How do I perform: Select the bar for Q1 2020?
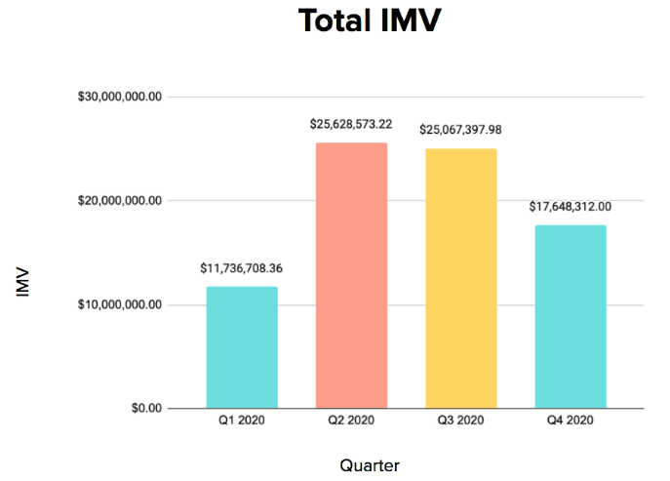242,346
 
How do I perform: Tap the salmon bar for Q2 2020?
351,275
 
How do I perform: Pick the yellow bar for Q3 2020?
460,278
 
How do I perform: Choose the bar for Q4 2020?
571,316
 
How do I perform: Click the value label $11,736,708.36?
242,266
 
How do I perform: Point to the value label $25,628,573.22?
351,124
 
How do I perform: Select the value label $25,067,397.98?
460,129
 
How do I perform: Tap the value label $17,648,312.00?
571,206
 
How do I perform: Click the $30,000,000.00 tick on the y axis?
120,97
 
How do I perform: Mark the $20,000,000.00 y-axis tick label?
120,201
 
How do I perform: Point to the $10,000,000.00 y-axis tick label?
120,304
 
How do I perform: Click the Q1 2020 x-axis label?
242,421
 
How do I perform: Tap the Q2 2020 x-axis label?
351,421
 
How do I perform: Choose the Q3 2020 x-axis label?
460,421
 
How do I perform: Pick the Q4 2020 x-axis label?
571,421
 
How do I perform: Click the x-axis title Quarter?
370,465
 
